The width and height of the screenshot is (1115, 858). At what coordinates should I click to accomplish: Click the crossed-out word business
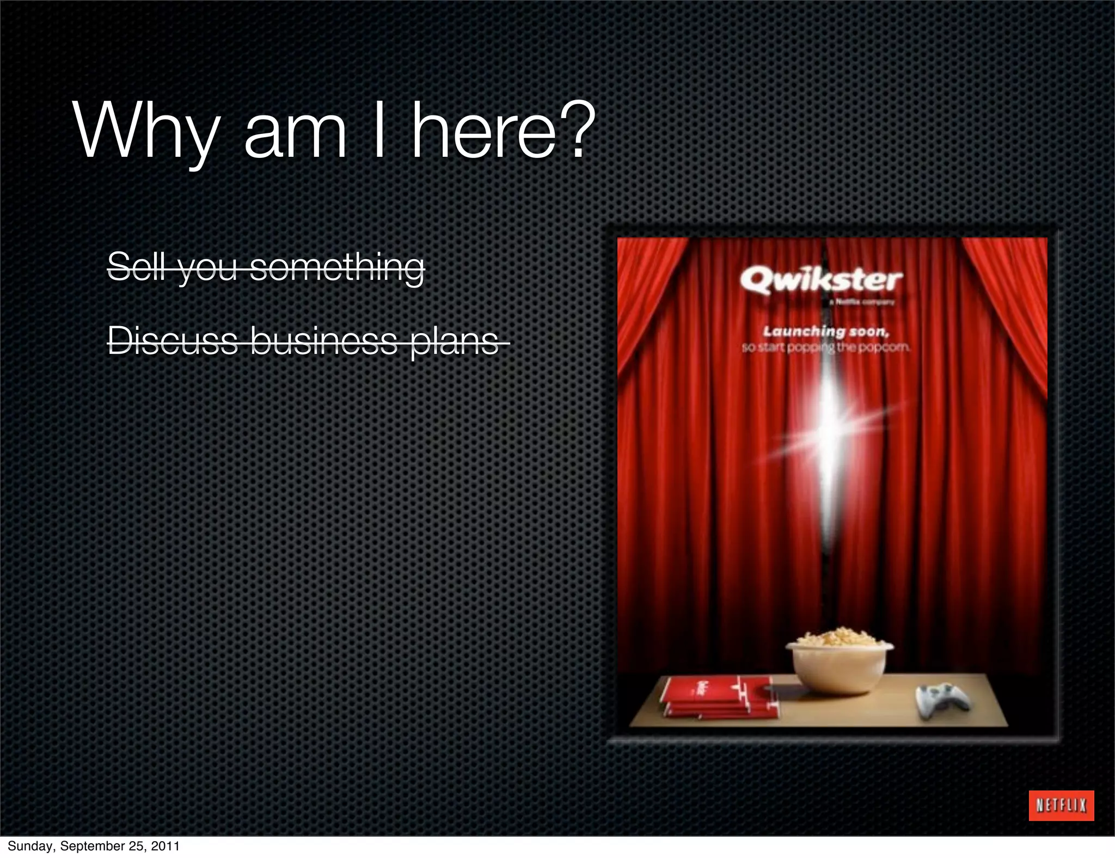324,341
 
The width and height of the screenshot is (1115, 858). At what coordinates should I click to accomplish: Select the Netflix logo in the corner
1061,805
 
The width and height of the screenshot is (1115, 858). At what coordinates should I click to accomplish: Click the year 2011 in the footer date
166,846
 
